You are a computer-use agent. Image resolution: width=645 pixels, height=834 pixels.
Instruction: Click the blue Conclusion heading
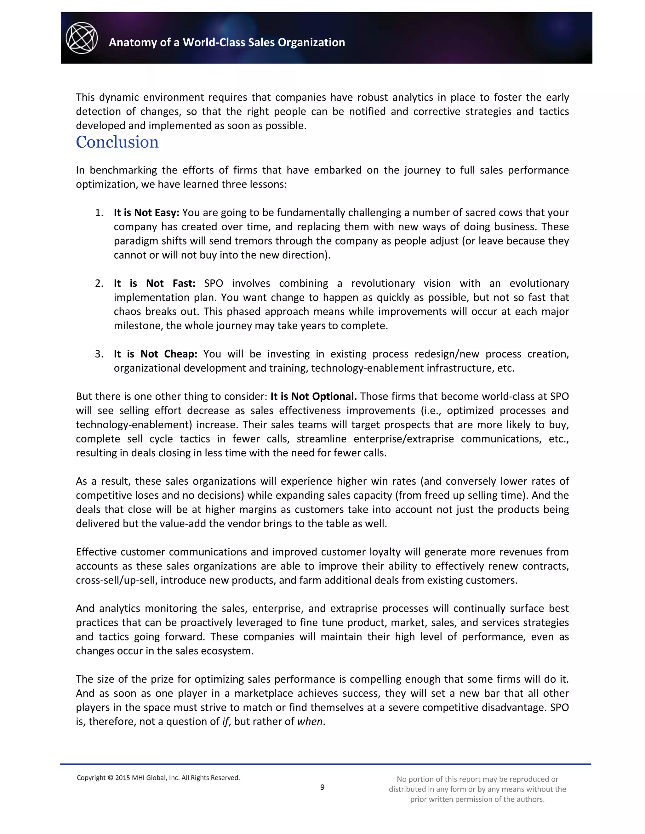117,142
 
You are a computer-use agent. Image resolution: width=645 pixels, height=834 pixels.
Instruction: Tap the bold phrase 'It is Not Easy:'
146,213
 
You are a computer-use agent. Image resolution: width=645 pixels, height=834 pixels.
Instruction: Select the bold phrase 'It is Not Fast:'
154,283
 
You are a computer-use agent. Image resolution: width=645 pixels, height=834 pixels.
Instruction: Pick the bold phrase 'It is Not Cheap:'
155,354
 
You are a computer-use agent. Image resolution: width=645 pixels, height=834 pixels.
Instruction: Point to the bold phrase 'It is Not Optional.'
313,396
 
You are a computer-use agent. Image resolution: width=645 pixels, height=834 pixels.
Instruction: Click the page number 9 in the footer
322,787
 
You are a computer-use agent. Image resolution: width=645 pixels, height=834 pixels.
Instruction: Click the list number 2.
99,283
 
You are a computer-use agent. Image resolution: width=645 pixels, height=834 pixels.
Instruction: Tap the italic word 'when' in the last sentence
310,722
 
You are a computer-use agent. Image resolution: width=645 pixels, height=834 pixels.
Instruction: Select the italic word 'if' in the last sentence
225,722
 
